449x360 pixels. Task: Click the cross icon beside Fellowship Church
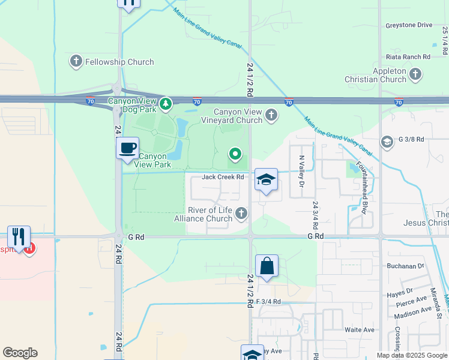(x=76, y=61)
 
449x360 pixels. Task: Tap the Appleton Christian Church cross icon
(x=415, y=74)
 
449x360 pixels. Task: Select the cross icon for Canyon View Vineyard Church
(x=271, y=115)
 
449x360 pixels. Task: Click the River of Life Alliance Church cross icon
(x=241, y=213)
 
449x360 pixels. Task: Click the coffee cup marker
(x=127, y=148)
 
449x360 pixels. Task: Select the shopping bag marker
(x=267, y=266)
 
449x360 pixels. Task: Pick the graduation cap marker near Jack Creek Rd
(x=266, y=179)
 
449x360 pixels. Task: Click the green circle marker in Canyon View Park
(x=235, y=155)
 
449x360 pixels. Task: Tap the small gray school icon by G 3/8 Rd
(x=388, y=142)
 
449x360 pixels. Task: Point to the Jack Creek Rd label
(x=223, y=177)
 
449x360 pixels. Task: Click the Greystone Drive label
(x=408, y=25)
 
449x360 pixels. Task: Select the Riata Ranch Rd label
(x=409, y=56)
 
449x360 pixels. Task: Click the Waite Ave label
(x=359, y=330)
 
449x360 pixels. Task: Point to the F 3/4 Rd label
(x=268, y=301)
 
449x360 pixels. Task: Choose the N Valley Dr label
(x=302, y=170)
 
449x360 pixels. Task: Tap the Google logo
(x=20, y=353)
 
